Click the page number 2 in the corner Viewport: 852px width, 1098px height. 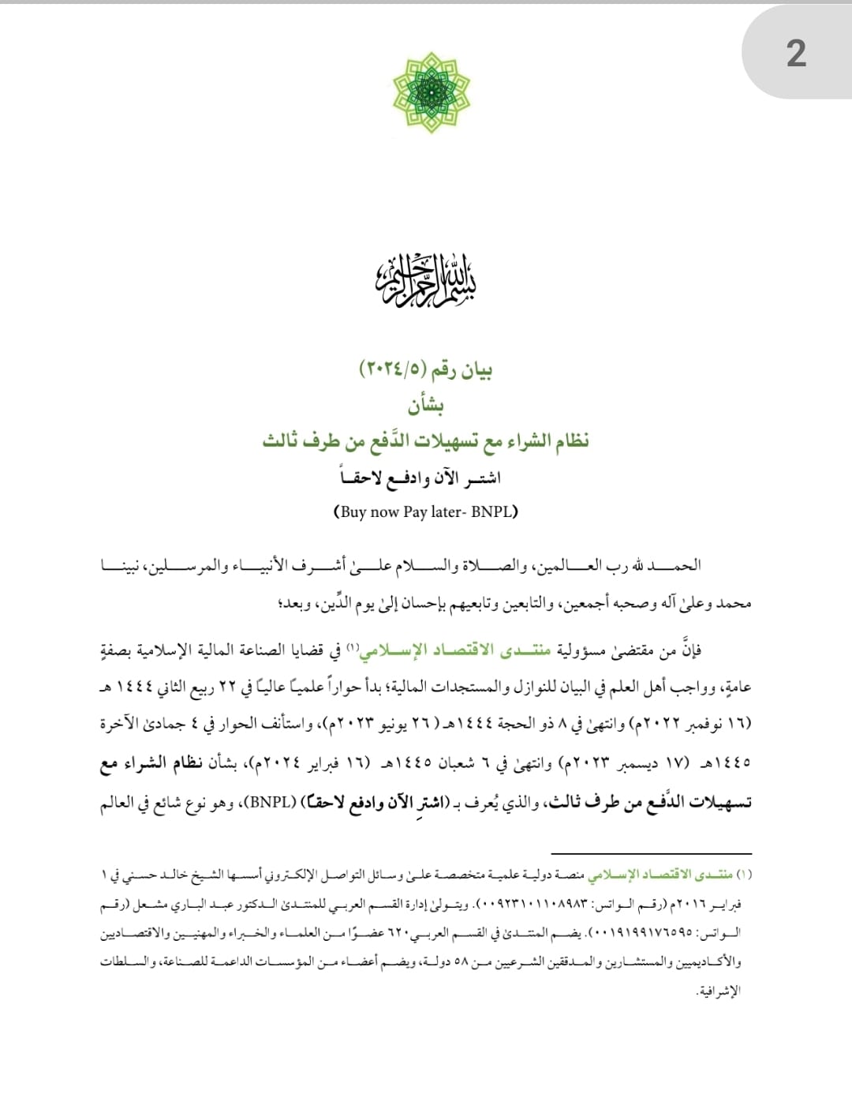click(x=796, y=54)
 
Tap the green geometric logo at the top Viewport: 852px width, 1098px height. click(x=431, y=92)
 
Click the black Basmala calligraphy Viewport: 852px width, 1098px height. click(x=426, y=281)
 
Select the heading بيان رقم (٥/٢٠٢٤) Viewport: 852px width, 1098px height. click(x=426, y=369)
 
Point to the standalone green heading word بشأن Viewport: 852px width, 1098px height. click(x=426, y=405)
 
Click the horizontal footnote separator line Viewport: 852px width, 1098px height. click(x=651, y=853)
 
